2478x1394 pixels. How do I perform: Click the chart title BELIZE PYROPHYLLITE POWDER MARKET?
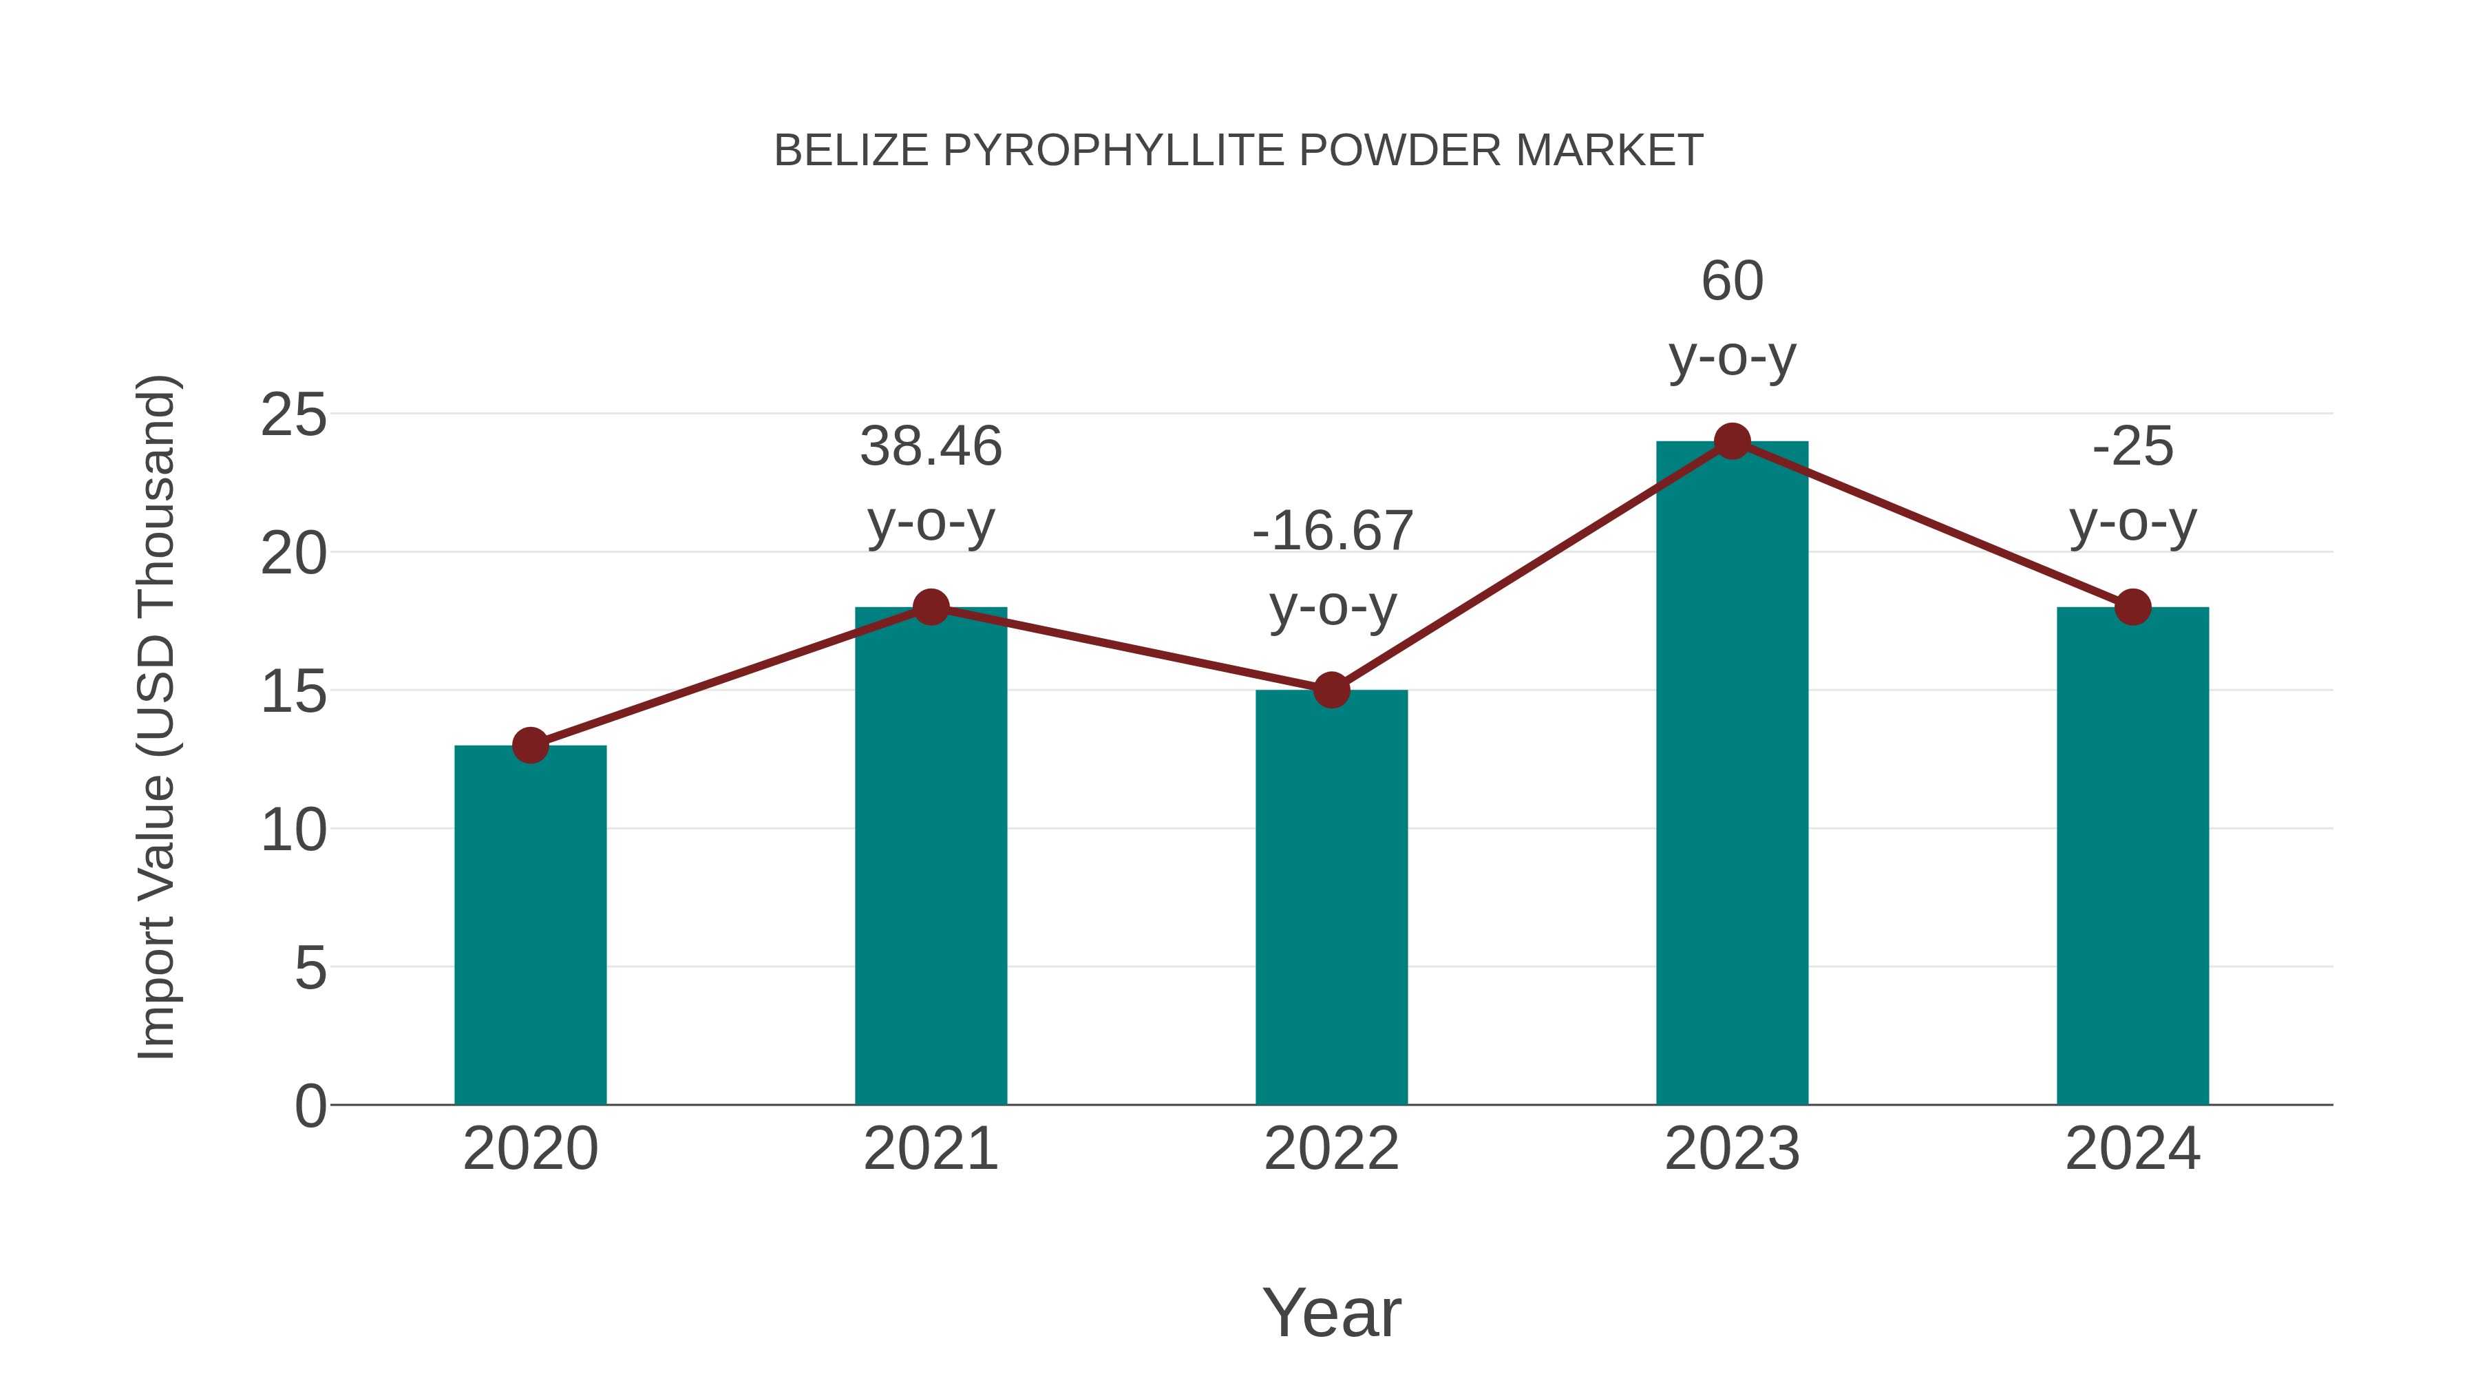1238,151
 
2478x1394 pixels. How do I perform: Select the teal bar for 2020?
530,924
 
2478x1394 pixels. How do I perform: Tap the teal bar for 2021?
930,856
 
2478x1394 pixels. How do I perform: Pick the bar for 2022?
1331,895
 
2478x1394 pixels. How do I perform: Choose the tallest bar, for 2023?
1732,770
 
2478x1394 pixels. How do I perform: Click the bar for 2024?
2132,856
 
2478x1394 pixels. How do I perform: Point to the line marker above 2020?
530,745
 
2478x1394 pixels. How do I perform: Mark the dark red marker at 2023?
1732,441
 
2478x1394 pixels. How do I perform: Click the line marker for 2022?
1331,690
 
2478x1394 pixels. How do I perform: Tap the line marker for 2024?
2132,607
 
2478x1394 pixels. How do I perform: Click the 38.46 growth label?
930,447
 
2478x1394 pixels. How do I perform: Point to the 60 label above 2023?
1732,282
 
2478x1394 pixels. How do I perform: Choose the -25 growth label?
2132,447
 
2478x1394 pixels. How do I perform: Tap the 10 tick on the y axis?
293,830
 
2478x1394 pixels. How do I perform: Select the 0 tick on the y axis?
310,1106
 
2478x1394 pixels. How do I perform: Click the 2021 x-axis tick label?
930,1149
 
